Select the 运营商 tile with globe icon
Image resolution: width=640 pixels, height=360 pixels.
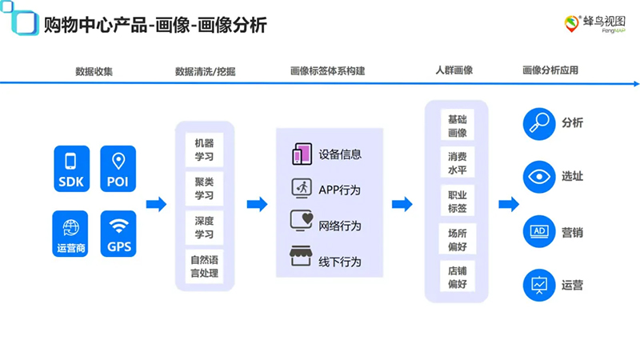(x=70, y=233)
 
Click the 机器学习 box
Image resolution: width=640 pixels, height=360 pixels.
(x=204, y=150)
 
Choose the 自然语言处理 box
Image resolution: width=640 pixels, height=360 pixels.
(x=204, y=266)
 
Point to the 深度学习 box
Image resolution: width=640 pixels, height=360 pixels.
(x=204, y=227)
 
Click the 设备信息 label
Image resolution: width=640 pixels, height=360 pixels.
(x=340, y=154)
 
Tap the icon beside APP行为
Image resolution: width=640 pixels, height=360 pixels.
(x=301, y=189)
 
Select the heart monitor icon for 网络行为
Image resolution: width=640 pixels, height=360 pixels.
(x=301, y=223)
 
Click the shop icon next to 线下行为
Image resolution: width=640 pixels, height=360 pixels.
(x=301, y=258)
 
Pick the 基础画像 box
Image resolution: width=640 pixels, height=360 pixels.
(x=457, y=126)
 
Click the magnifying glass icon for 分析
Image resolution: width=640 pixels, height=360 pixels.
(x=538, y=123)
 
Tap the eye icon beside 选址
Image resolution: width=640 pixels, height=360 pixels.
(x=538, y=177)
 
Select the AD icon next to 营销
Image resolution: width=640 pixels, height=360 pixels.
(x=538, y=232)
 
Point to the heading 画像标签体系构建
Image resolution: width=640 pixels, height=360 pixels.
(x=327, y=70)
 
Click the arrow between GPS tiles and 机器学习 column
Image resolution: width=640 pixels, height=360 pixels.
(x=156, y=204)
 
